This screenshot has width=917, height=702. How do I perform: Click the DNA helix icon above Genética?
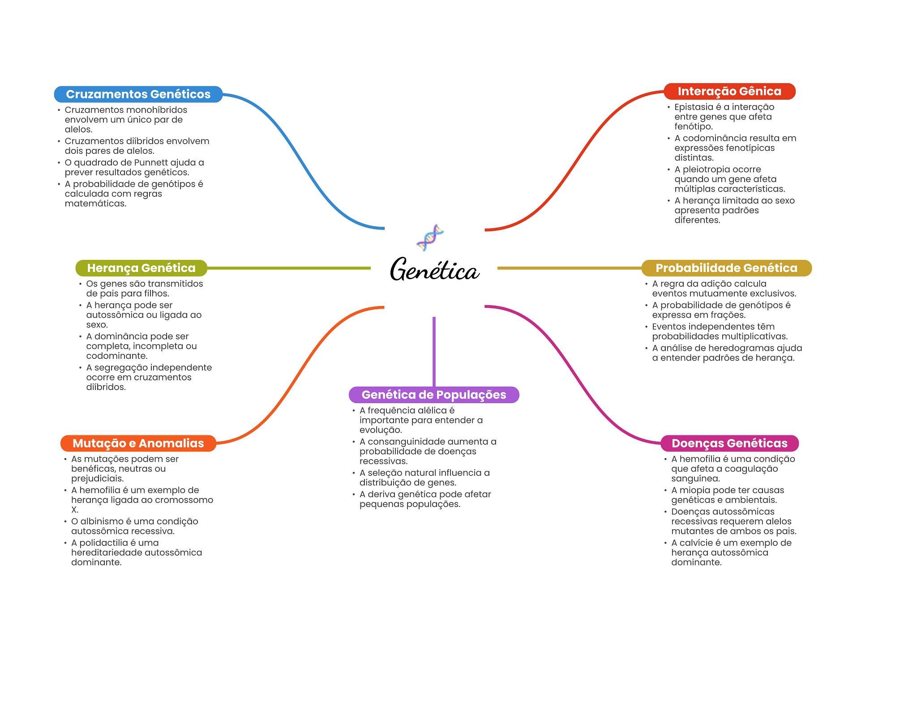(x=430, y=238)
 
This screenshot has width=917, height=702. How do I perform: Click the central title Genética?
(x=434, y=270)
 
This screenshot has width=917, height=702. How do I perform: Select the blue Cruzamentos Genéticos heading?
(x=138, y=94)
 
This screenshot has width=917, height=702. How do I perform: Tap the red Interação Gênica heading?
(x=729, y=91)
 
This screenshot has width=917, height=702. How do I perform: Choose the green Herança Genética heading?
(x=141, y=268)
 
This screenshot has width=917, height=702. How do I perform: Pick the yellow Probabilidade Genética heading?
(x=726, y=268)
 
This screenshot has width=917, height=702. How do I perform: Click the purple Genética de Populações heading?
(x=433, y=395)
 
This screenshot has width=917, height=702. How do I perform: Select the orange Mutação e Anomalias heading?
(x=138, y=443)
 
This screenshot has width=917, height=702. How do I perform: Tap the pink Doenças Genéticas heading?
(x=729, y=443)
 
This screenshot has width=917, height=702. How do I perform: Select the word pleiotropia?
(x=721, y=170)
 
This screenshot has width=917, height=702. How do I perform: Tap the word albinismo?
(x=101, y=522)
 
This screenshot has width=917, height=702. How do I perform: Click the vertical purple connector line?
(x=434, y=351)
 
